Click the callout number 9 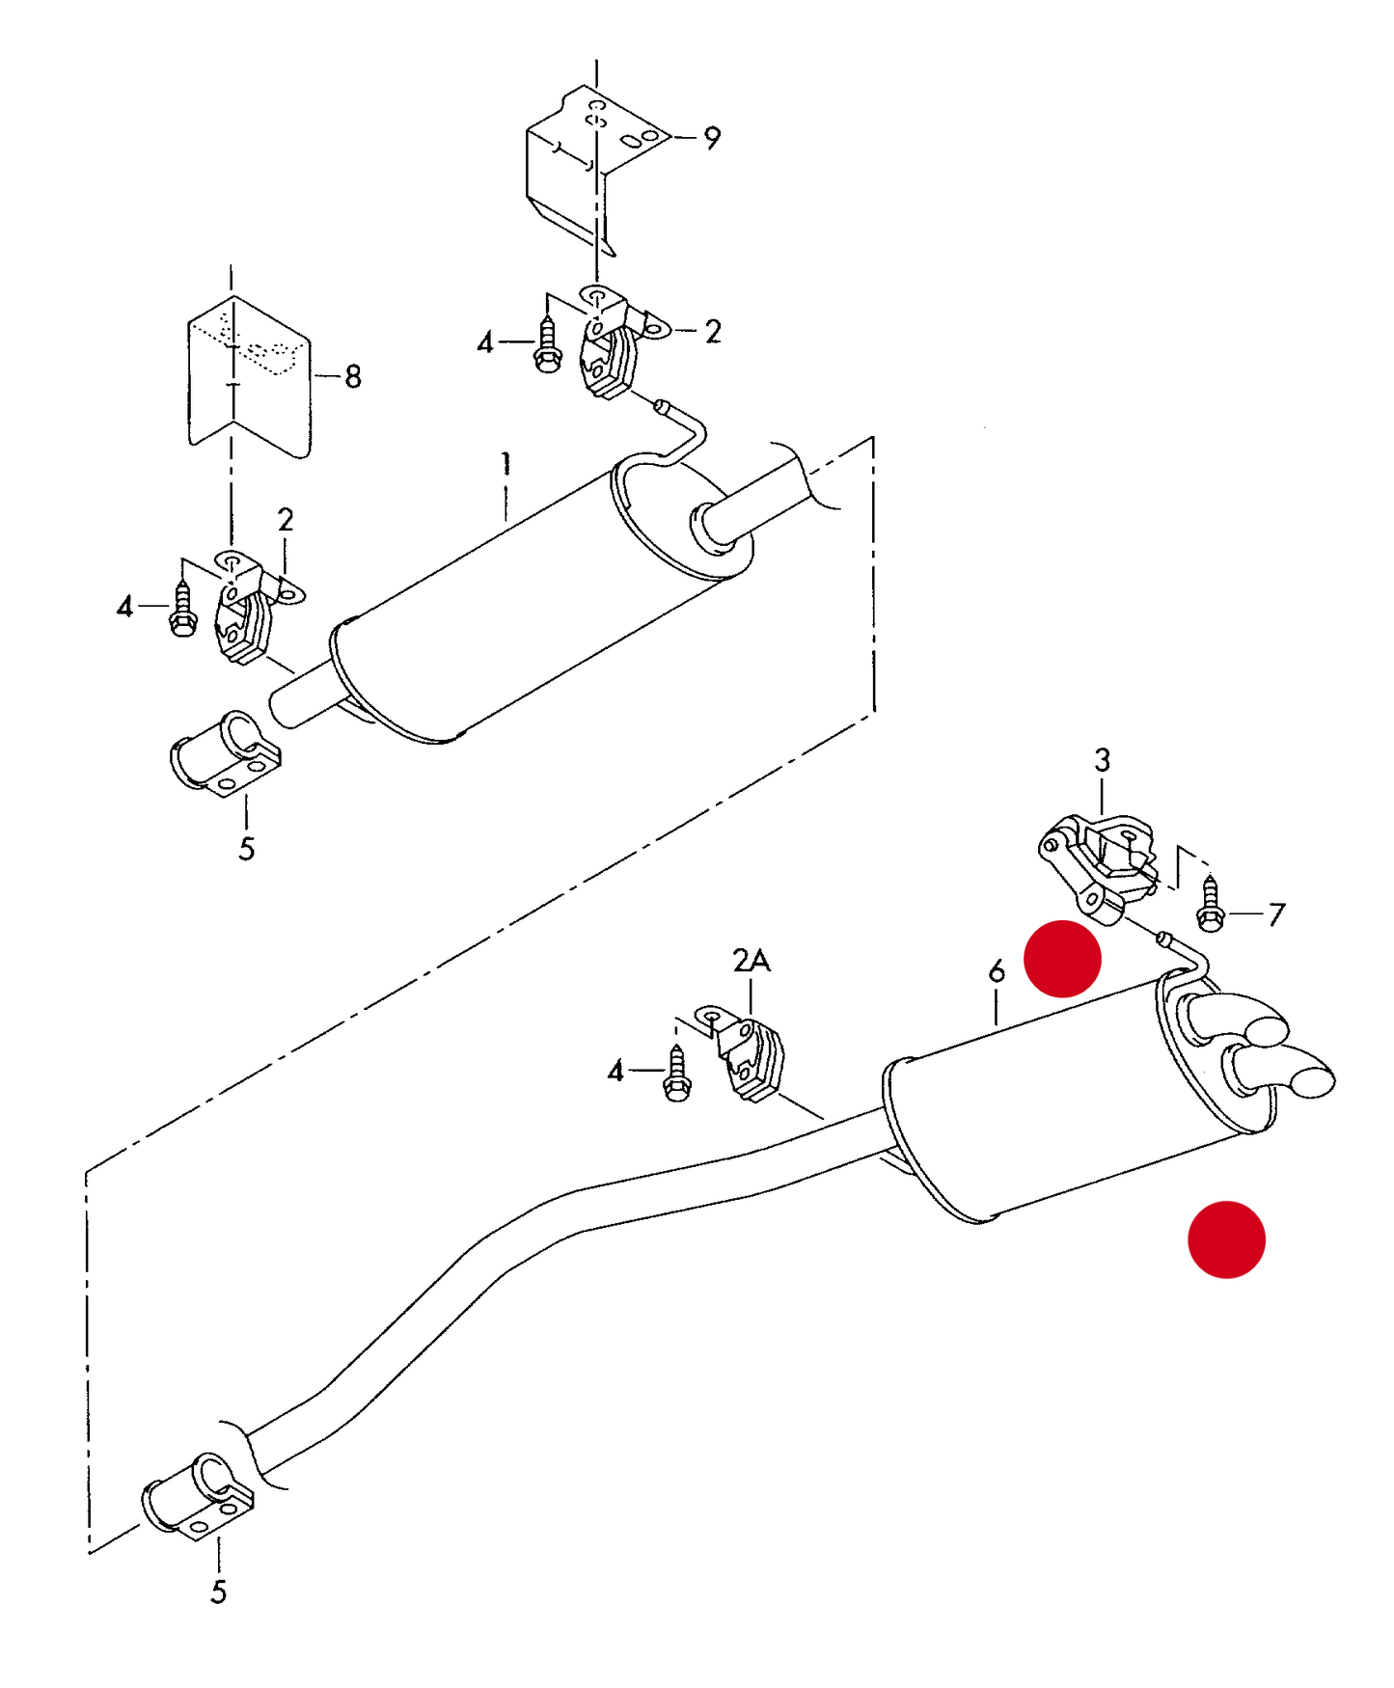[x=712, y=138]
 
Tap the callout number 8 [x=353, y=376]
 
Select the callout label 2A [x=751, y=961]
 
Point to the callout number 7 [x=1276, y=913]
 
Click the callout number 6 [x=997, y=970]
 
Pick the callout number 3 [x=1102, y=760]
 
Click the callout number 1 [x=506, y=463]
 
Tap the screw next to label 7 [x=1210, y=903]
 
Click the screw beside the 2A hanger [x=677, y=1075]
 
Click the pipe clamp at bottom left [x=199, y=1495]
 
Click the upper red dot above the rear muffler [x=1061, y=959]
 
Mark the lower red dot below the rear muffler [x=1225, y=1239]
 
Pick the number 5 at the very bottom [x=218, y=1592]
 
